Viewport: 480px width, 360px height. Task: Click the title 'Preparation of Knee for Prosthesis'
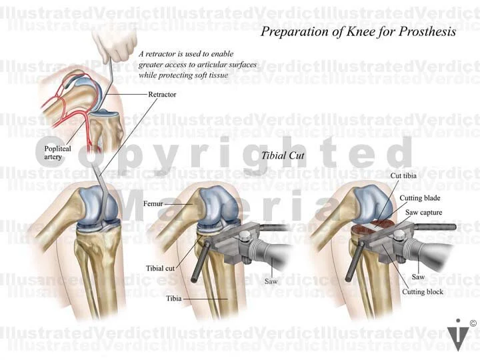[358, 31]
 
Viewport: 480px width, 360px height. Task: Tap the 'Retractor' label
[162, 95]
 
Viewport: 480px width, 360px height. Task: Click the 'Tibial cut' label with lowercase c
[160, 269]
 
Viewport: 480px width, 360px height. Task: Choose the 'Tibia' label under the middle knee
[175, 299]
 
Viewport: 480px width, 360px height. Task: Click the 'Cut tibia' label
[405, 177]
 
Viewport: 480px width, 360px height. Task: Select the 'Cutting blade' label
[420, 198]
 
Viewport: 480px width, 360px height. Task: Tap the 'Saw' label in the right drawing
[418, 276]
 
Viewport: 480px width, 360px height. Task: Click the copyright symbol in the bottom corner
[473, 324]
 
